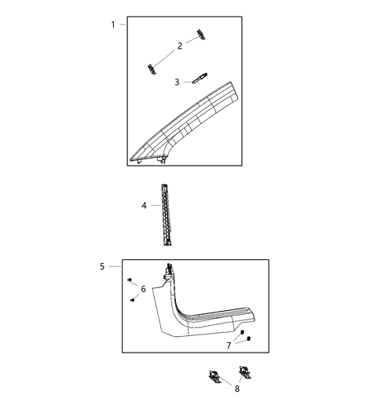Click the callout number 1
pyautogui.click(x=113, y=24)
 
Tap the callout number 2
pyautogui.click(x=179, y=46)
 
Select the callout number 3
pyautogui.click(x=178, y=82)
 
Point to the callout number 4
pyautogui.click(x=145, y=206)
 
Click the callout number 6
pyautogui.click(x=143, y=290)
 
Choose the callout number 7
pyautogui.click(x=229, y=345)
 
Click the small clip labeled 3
pyautogui.click(x=200, y=77)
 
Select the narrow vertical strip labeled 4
pyautogui.click(x=164, y=212)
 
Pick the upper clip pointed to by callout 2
pyautogui.click(x=203, y=32)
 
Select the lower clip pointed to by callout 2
pyautogui.click(x=149, y=68)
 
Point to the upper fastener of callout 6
pyautogui.click(x=128, y=280)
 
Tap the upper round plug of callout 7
pyautogui.click(x=243, y=334)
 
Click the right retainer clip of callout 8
pyautogui.click(x=243, y=372)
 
